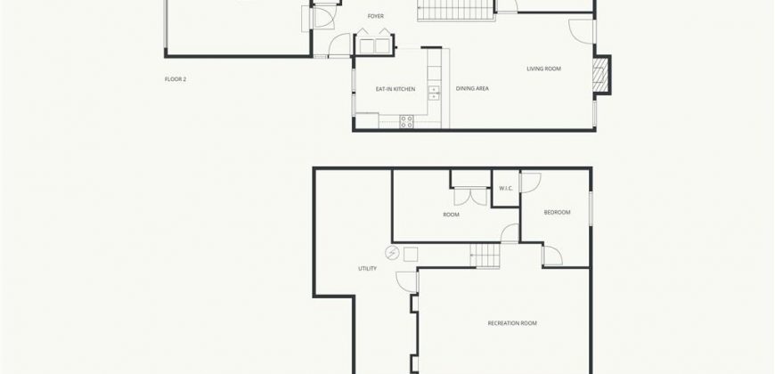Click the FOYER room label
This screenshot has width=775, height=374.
click(x=376, y=16)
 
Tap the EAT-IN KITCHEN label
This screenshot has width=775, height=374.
click(x=396, y=89)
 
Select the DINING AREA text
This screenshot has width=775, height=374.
click(x=472, y=89)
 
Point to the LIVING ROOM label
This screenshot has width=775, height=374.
click(x=543, y=69)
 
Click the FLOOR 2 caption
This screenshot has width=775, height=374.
click(x=175, y=79)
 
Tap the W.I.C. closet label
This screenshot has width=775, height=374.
click(x=506, y=188)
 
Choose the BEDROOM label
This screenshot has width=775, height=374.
click(x=557, y=213)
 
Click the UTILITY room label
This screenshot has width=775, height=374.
click(x=367, y=269)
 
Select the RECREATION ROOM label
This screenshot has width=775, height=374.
click(x=512, y=323)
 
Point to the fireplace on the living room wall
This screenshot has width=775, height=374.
click(x=600, y=75)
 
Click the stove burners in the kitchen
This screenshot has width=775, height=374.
click(x=407, y=121)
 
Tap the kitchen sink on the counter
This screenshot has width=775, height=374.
click(x=434, y=93)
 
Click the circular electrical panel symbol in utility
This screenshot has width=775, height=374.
click(x=392, y=253)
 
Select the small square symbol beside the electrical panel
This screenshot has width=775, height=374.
click(x=411, y=255)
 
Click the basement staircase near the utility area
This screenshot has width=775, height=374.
click(x=485, y=256)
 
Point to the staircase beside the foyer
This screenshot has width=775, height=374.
click(x=456, y=10)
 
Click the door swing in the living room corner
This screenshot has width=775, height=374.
click(x=581, y=30)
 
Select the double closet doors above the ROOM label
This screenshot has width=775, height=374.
click(x=471, y=196)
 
